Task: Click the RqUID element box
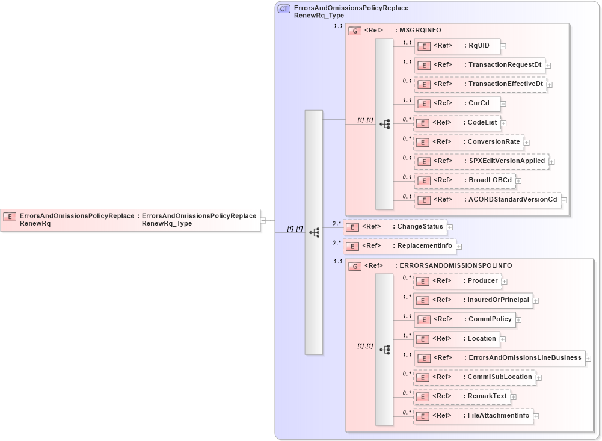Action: pyautogui.click(x=456, y=46)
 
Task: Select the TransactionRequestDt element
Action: pyautogui.click(x=479, y=65)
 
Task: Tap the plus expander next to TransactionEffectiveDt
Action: pyautogui.click(x=550, y=85)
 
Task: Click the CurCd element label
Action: pyautogui.click(x=479, y=103)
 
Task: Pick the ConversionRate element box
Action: pyautogui.click(x=468, y=142)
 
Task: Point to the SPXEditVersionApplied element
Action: pyautogui.click(x=481, y=161)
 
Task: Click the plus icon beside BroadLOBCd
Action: pyautogui.click(x=518, y=181)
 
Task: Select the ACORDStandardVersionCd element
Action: pyautogui.click(x=487, y=200)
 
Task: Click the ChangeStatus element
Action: pyautogui.click(x=394, y=227)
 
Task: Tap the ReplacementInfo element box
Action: pyautogui.click(x=399, y=246)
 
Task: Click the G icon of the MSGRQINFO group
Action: pyautogui.click(x=355, y=30)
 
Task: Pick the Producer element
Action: pyautogui.click(x=457, y=281)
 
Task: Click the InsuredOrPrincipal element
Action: pyautogui.click(x=473, y=300)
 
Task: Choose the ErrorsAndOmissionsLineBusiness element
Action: pyautogui.click(x=499, y=358)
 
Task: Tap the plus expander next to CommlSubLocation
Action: pyautogui.click(x=539, y=378)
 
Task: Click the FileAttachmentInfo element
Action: pyautogui.click(x=473, y=416)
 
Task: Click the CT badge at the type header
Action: pyautogui.click(x=284, y=9)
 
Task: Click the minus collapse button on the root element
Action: pyautogui.click(x=263, y=221)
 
